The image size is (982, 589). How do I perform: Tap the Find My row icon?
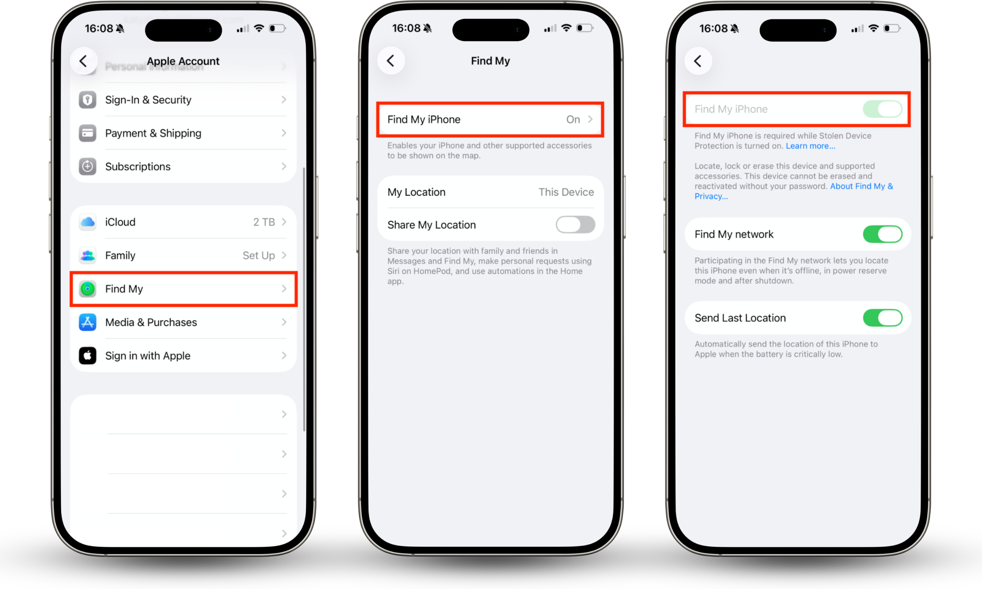coord(87,289)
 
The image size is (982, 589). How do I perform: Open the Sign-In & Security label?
coord(148,100)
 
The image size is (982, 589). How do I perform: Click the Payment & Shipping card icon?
coord(87,134)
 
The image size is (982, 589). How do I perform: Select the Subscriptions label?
coord(138,167)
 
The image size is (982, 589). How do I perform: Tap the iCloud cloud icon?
coord(87,222)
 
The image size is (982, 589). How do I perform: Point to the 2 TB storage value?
coord(264,222)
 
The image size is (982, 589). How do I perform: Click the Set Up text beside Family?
coord(258,256)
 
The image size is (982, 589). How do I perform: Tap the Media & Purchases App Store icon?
coord(87,322)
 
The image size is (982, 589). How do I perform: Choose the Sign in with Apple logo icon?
coord(87,356)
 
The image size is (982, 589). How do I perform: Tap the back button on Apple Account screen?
coord(83,61)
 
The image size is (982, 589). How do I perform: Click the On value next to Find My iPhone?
coord(573,119)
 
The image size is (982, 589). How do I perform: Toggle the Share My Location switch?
coord(575,225)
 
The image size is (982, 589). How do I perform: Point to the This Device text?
coord(566,192)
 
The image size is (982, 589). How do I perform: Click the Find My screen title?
coord(490,61)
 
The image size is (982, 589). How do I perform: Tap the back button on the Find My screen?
coord(391,61)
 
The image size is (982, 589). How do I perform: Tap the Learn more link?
coord(810,146)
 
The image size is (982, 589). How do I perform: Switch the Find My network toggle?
coord(882,234)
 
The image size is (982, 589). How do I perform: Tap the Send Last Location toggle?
coord(882,318)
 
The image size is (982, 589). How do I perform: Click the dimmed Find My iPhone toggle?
coord(882,109)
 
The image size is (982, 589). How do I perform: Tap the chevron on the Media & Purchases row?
coord(284,322)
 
